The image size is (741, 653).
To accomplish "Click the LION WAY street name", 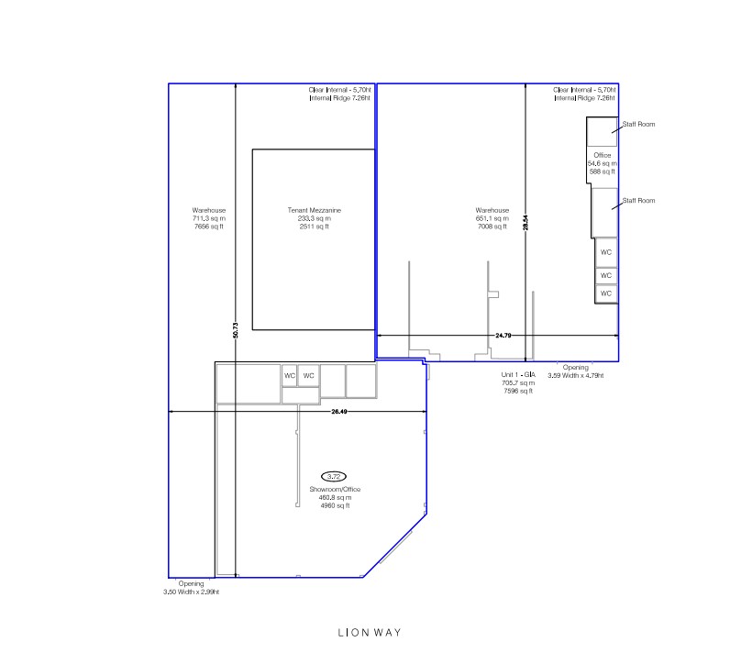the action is (370, 633).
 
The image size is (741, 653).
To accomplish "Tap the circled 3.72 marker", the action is (334, 477).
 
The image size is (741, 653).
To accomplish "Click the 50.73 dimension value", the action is (236, 330).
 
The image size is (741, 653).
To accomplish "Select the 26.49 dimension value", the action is (338, 412).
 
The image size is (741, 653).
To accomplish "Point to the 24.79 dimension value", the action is (503, 336).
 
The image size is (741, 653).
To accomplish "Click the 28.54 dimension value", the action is (525, 223).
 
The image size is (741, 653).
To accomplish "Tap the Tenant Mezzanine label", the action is (315, 210).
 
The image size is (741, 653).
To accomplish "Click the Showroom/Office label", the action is (335, 490).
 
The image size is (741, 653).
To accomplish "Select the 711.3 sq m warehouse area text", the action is (209, 219).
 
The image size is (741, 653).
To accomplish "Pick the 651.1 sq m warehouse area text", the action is (492, 219).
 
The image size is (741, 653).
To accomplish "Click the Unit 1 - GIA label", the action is (518, 375).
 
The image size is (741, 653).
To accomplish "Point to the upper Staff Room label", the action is (638, 124).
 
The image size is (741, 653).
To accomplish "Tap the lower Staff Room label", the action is (638, 201).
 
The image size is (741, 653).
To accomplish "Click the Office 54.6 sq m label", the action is (602, 160).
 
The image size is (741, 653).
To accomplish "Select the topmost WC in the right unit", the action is (606, 252).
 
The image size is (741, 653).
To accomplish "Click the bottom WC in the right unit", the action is (606, 293).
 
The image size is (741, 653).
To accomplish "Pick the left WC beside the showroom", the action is (290, 376).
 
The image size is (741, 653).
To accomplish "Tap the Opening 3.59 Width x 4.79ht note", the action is (576, 371).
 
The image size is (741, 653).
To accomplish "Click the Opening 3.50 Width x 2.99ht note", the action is (191, 588).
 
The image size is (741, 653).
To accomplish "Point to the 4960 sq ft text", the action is (335, 505).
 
